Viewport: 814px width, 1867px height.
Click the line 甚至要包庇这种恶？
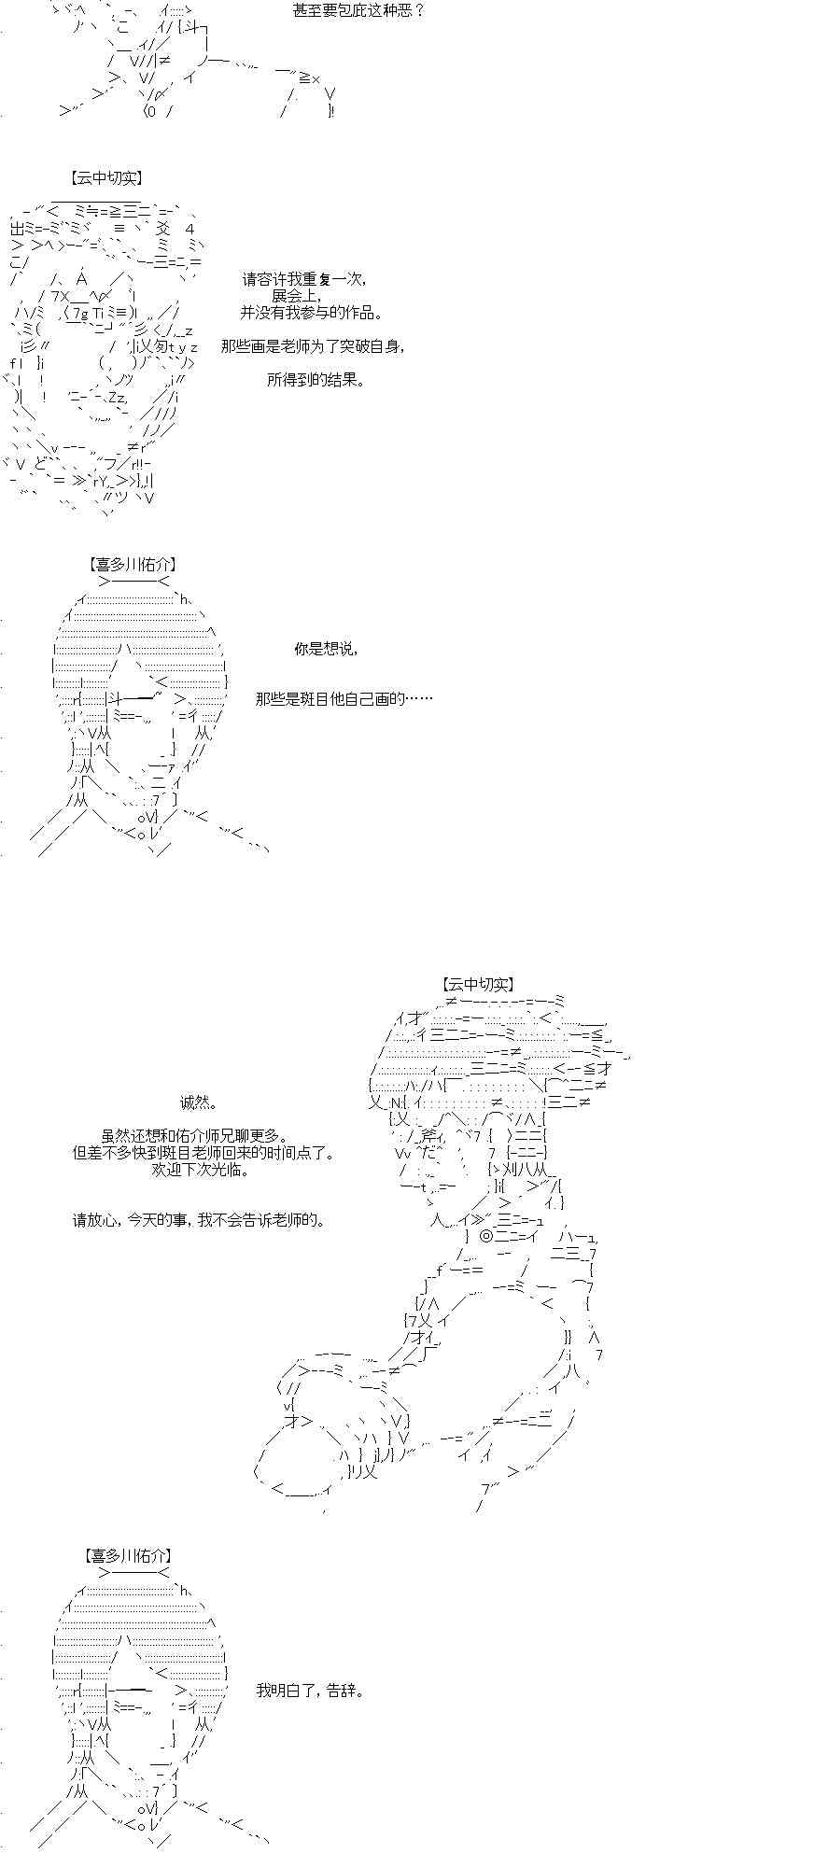358,13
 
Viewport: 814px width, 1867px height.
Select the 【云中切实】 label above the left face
105,177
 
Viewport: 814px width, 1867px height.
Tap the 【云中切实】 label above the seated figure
478,984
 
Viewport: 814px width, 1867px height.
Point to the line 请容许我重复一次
304,279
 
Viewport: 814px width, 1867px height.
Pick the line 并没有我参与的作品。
311,313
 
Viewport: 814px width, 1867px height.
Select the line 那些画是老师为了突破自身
313,346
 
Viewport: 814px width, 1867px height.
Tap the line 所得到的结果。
315,380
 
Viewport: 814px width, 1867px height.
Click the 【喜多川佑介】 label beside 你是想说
133,564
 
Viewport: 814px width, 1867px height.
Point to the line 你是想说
325,649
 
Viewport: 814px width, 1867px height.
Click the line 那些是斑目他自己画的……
344,698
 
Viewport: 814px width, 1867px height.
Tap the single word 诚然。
199,1102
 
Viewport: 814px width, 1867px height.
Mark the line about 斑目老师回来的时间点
203,1153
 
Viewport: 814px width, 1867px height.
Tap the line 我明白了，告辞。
309,1691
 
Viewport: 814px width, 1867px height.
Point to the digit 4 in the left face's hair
189,229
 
